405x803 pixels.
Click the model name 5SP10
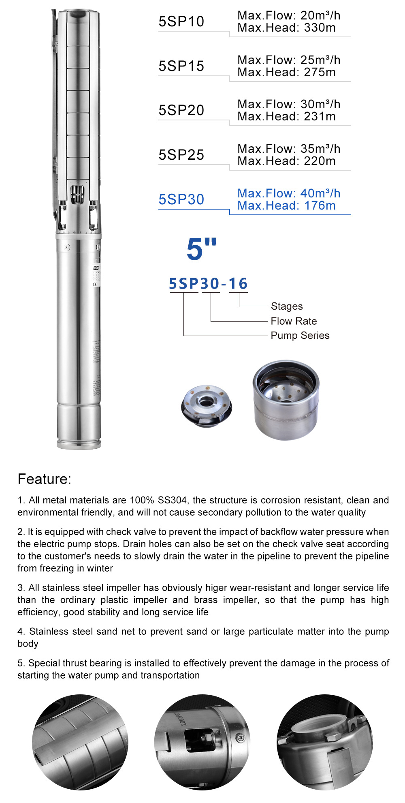181,21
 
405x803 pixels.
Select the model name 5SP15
181,66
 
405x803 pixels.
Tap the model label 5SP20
181,110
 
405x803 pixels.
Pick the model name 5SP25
181,155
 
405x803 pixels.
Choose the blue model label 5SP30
181,199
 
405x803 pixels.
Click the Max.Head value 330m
320,28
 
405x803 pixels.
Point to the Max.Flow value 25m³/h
320,60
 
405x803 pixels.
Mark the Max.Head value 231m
320,117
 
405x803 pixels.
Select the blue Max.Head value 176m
320,206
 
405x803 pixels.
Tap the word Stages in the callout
287,306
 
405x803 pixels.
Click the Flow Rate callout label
294,321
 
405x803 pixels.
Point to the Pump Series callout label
300,336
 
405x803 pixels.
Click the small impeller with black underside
207,406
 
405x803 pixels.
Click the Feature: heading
44,479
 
